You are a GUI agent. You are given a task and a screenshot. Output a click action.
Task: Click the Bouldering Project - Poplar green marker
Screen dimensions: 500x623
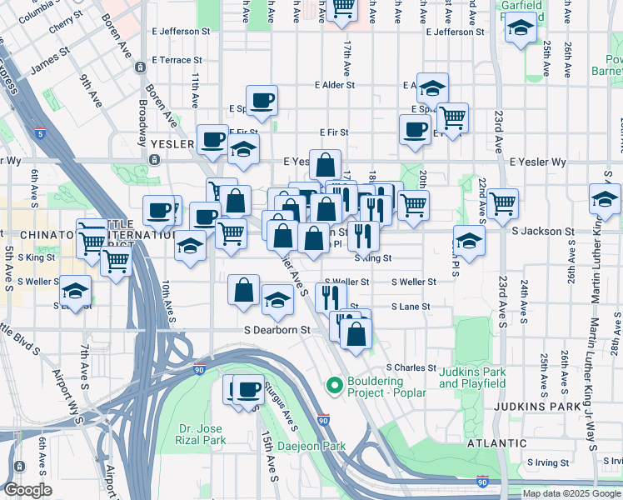(x=334, y=385)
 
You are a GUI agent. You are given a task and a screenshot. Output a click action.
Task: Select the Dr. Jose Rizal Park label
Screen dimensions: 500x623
(x=202, y=434)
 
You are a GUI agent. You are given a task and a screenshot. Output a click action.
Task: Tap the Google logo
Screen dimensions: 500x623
(x=27, y=490)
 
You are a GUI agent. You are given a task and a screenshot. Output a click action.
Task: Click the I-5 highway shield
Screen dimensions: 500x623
(x=41, y=132)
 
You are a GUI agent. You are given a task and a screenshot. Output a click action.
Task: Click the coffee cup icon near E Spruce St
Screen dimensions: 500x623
(x=262, y=100)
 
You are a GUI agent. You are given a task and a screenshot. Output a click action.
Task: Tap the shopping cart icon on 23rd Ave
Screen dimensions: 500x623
(x=503, y=202)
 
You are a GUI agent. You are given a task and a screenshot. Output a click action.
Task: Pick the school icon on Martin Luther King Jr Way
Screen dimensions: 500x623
(x=605, y=198)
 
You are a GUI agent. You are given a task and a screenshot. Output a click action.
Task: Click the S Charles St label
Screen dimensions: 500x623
(x=411, y=367)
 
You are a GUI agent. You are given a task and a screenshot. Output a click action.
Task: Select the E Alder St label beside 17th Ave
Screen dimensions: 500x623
(x=335, y=85)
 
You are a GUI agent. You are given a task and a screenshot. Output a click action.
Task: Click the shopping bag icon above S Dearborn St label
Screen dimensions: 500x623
(x=244, y=290)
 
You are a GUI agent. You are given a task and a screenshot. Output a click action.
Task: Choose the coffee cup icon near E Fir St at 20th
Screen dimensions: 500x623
(x=415, y=129)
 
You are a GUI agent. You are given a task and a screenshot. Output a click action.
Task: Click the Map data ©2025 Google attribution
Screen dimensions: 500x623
(x=571, y=492)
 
